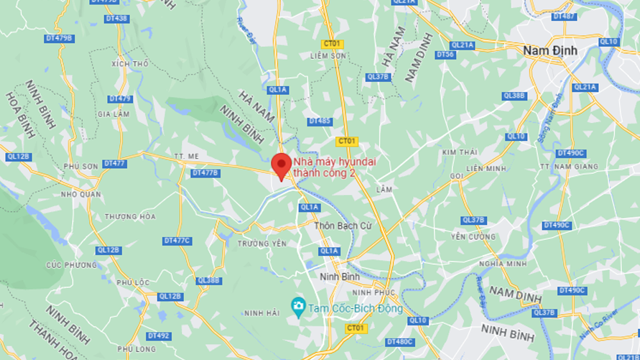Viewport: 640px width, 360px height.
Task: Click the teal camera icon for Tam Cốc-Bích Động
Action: click(x=298, y=307)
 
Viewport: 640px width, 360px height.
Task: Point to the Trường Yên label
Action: click(x=261, y=244)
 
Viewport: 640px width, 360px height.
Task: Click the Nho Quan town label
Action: click(x=81, y=194)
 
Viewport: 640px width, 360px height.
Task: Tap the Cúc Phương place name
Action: click(x=71, y=265)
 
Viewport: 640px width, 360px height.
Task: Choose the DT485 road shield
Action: click(x=319, y=121)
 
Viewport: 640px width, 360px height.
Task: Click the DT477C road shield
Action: click(x=177, y=241)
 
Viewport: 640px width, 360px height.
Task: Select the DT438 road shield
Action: click(x=117, y=19)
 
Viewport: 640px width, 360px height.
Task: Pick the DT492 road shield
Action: click(x=158, y=336)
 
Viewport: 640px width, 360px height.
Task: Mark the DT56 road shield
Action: click(x=445, y=55)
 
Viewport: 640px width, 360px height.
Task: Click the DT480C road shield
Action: click(x=400, y=342)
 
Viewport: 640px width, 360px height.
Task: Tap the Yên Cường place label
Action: click(x=473, y=237)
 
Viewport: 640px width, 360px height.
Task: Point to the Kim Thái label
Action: click(x=459, y=152)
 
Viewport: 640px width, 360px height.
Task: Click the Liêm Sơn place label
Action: click(x=328, y=56)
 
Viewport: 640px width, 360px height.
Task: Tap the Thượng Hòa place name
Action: click(x=130, y=217)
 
